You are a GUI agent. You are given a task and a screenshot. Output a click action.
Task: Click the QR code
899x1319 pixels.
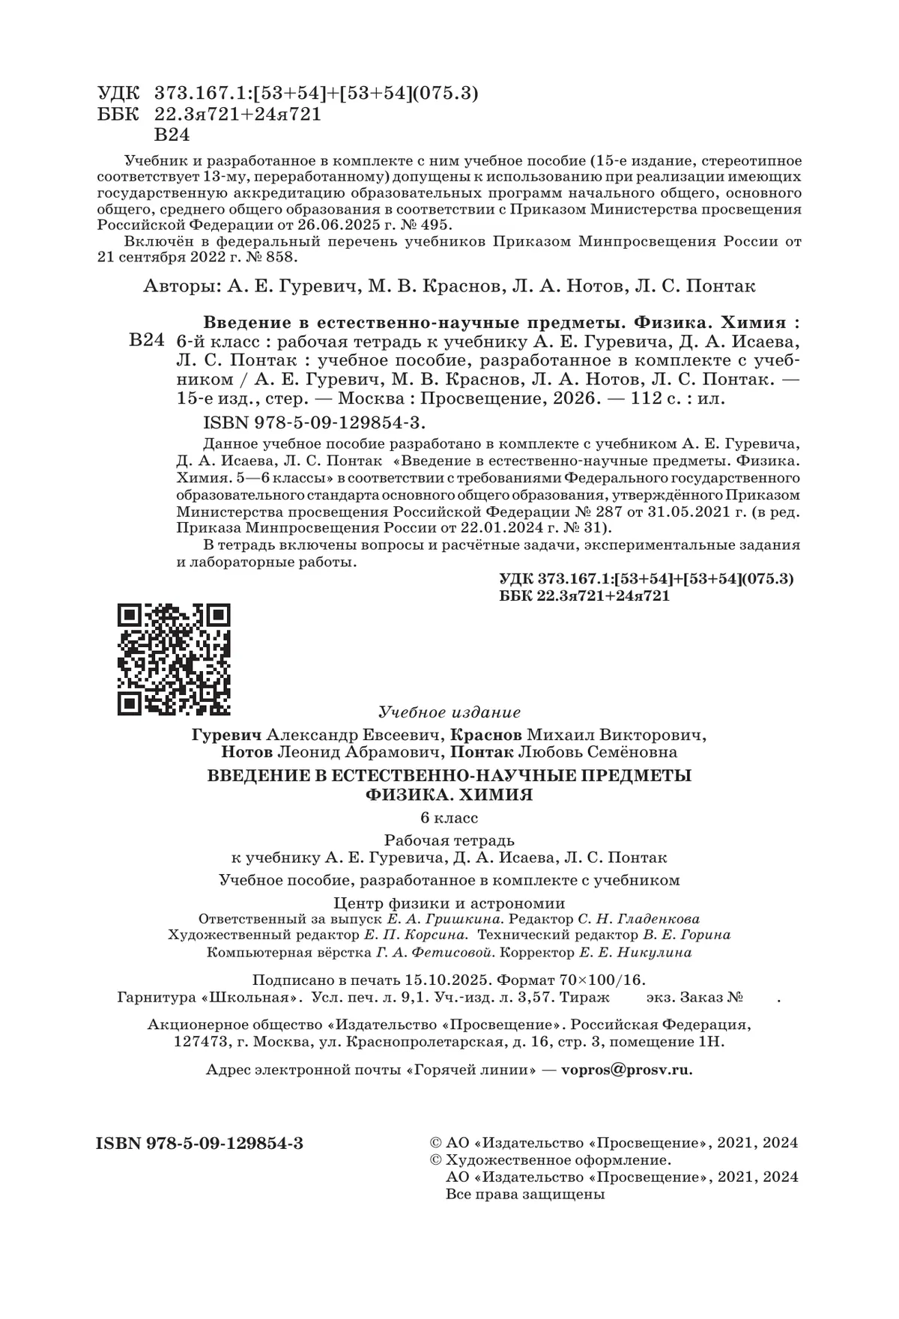174,659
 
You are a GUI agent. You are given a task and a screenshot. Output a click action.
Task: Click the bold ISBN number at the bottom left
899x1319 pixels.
200,1143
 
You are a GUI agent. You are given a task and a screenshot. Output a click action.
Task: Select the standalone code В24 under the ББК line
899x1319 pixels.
171,136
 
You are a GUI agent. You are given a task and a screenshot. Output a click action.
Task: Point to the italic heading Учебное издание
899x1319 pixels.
449,712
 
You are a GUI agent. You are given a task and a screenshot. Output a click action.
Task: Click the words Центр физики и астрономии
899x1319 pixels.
449,903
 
